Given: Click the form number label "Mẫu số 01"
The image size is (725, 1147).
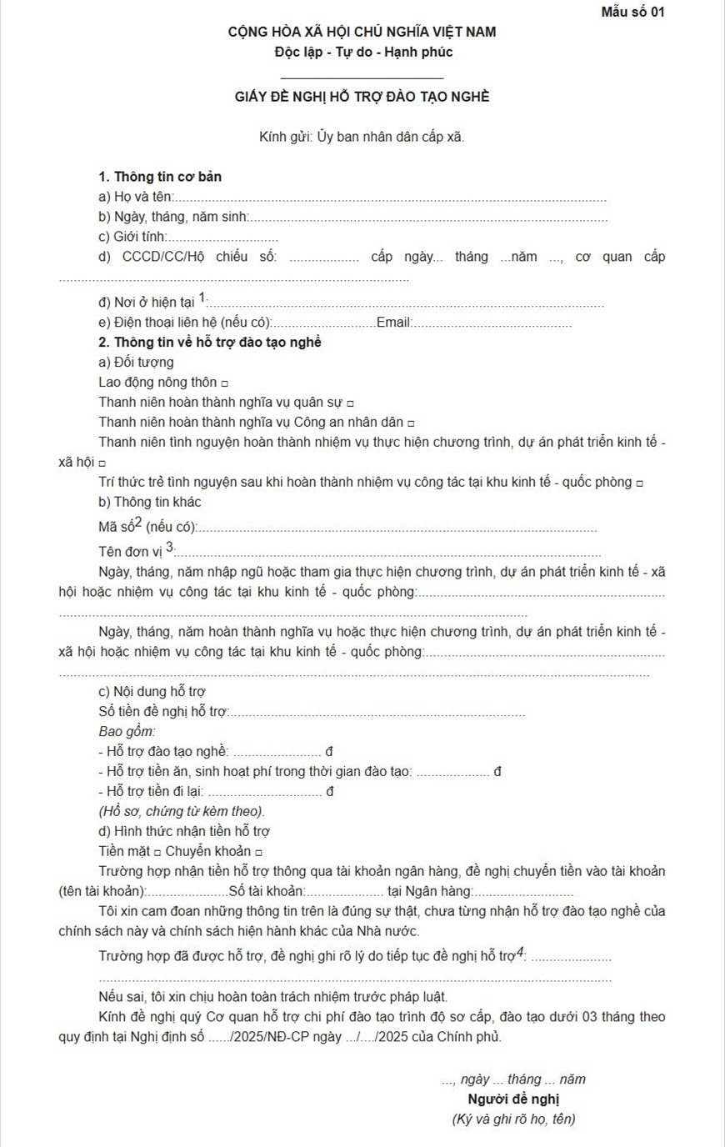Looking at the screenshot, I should pos(632,12).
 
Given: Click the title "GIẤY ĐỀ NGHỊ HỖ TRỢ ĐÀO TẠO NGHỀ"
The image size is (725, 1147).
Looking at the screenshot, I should pos(362,97).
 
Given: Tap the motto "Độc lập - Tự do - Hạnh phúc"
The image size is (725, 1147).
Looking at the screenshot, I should pos(362,52).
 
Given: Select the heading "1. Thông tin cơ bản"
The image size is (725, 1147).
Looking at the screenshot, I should pos(160,177).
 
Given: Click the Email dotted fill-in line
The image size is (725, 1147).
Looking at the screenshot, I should pos(493,323).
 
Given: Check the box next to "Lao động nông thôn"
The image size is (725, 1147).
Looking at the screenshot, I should pos(224,383).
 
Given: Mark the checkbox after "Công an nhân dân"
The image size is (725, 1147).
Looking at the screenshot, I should pos(411,423).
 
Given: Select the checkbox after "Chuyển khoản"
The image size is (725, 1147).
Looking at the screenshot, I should pos(258,853).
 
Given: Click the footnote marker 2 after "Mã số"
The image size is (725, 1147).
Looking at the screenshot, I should pos(138,523).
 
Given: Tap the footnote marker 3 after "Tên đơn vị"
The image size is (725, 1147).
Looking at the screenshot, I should pos(169,546).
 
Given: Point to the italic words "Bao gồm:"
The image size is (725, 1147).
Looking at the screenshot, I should pos(127,731).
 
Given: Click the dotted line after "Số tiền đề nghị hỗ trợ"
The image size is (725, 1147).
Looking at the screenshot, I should pos(377,714).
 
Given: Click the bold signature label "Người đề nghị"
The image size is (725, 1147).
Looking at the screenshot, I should pos(513,1099).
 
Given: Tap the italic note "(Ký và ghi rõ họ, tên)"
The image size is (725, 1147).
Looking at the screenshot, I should pos(513,1119).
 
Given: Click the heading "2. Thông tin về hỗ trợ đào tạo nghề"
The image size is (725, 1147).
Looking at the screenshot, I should pos(210,343).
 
